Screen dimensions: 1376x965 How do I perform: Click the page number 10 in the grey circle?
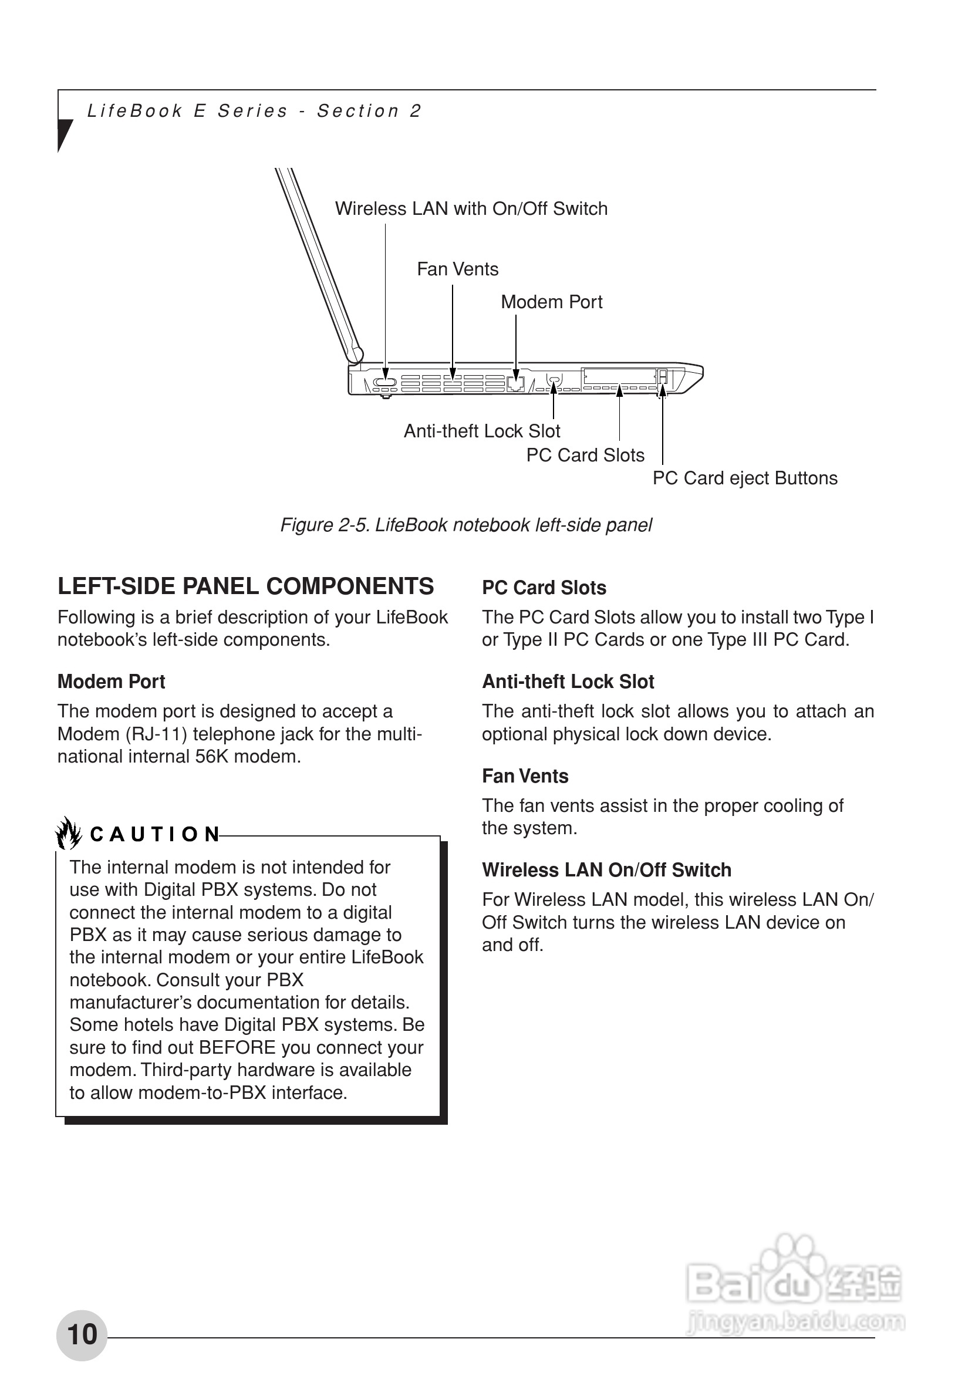pos(82,1335)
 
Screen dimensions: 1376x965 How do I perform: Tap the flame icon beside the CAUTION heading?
pos(69,834)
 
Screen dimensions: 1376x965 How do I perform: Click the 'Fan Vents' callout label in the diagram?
pos(457,269)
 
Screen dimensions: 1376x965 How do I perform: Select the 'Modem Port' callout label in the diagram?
pos(551,302)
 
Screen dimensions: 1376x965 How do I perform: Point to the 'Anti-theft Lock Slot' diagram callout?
pos(482,431)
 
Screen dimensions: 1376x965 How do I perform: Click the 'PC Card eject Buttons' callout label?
pos(744,478)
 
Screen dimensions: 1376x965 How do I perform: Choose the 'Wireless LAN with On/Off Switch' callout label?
pos(471,208)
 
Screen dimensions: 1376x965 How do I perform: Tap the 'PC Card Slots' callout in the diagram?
pos(585,456)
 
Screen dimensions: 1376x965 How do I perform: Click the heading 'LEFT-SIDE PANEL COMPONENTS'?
pos(246,586)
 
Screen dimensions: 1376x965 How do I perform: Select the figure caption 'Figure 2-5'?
pos(465,525)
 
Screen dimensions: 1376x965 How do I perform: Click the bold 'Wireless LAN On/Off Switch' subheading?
pos(606,869)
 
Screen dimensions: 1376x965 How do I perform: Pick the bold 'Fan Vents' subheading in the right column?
pos(525,776)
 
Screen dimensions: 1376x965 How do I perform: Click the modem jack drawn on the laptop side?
pos(515,383)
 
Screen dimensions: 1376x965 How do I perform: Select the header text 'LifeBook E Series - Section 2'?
pos(255,111)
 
